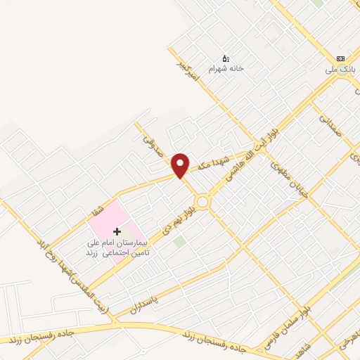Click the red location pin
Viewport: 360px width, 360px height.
(x=180, y=165)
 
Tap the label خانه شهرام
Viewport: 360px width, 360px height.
(x=226, y=68)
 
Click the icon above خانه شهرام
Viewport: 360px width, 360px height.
(x=226, y=58)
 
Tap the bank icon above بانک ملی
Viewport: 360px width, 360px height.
(x=341, y=59)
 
